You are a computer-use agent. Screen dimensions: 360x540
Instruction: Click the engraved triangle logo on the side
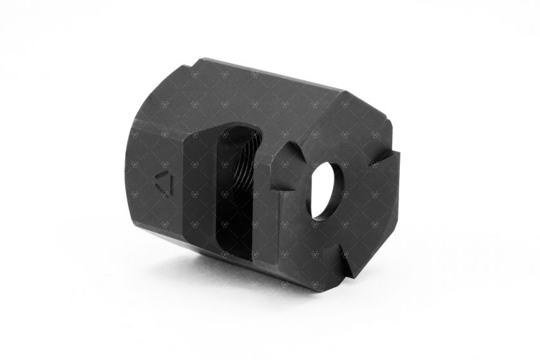click(165, 184)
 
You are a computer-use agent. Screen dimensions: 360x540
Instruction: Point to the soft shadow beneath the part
click(257, 283)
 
